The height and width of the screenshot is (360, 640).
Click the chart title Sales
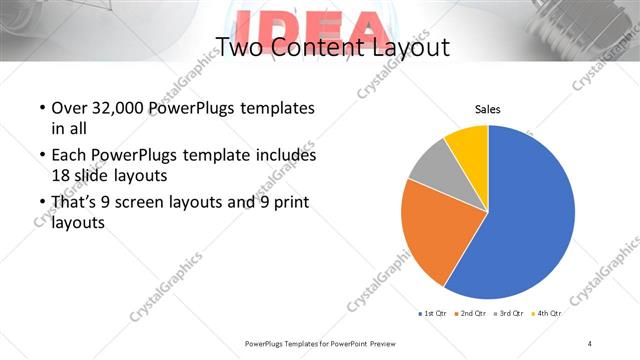pos(487,110)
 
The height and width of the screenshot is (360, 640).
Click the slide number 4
pos(590,343)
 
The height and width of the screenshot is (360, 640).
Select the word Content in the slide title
pos(311,47)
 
